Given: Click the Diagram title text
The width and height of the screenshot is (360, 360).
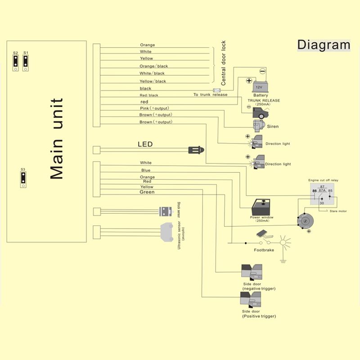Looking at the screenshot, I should click(x=323, y=45).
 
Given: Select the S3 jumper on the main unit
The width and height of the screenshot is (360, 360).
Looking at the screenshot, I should click(x=22, y=178).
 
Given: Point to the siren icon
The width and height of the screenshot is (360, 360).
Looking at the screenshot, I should click(x=259, y=126).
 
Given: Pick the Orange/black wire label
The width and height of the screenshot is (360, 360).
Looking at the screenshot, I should click(x=153, y=66).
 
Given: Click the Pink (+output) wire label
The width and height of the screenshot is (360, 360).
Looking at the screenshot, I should click(x=154, y=109).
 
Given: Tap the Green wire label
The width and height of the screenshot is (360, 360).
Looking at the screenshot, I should click(x=147, y=192).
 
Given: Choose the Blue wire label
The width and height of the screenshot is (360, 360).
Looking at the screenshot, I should click(x=146, y=171).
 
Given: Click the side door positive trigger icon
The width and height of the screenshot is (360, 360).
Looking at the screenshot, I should click(x=251, y=300).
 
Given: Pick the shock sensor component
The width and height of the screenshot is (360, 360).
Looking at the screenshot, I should click(x=167, y=211).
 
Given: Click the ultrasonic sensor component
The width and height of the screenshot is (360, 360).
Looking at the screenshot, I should click(x=167, y=232).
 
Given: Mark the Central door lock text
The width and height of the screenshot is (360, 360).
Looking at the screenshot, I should click(x=224, y=63).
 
